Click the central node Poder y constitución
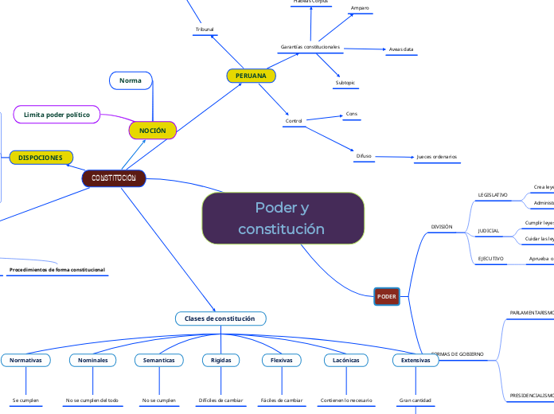coord(283,218)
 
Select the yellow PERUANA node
coord(252,76)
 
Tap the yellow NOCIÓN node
coord(152,130)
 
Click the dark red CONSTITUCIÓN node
coord(114,178)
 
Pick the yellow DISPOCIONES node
coord(41,158)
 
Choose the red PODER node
coord(387,296)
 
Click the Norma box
coord(130,80)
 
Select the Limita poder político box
coord(62,115)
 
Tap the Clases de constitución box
coord(220,318)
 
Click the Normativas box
coord(25,361)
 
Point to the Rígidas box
coord(220,361)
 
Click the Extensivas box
coord(416,361)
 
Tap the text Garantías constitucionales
coord(310,47)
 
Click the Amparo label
coord(360,8)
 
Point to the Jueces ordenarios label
coord(436,157)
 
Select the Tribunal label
coord(205,29)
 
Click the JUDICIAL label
coord(488,231)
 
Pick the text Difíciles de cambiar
coord(220,400)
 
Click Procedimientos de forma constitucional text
coord(57,270)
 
